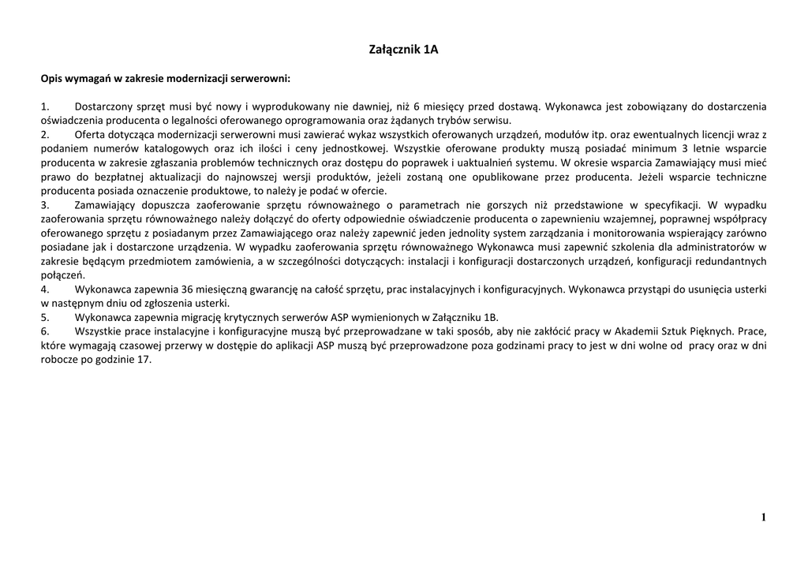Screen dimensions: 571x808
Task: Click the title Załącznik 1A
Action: pos(403,50)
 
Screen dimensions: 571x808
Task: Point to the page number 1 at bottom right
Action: pos(763,517)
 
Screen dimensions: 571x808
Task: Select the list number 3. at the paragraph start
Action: pos(45,205)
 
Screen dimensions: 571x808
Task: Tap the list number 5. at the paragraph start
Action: pos(45,317)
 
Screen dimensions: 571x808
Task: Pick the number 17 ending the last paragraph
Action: pos(144,359)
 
